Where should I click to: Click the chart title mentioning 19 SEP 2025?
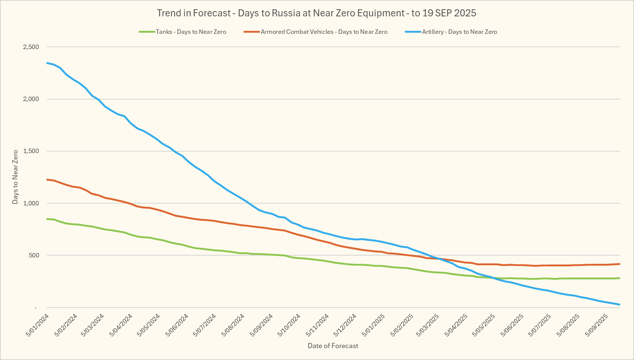(x=317, y=13)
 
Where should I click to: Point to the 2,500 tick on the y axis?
(x=31, y=47)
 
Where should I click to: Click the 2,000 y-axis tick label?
(x=31, y=99)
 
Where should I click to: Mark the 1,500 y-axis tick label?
(x=31, y=151)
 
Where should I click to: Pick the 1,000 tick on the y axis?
(x=31, y=203)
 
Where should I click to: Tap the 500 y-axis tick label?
(x=33, y=255)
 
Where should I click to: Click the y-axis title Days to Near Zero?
(x=15, y=177)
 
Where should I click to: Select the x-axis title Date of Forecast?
(x=333, y=346)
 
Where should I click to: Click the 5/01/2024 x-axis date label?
(x=38, y=325)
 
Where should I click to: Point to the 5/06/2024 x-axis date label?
(x=177, y=325)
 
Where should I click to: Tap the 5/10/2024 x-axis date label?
(x=289, y=325)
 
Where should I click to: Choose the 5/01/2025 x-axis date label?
(x=373, y=325)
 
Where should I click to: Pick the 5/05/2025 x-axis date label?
(x=484, y=325)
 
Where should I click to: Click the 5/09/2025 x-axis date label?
(x=596, y=325)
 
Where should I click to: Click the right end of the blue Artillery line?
(x=620, y=305)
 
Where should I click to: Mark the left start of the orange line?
(x=47, y=179)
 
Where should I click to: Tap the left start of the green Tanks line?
(x=47, y=219)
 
